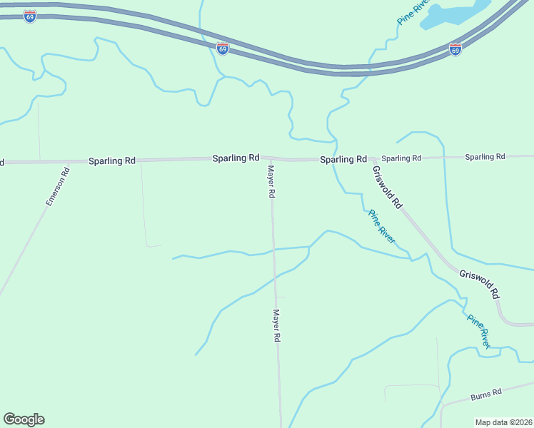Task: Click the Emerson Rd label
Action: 57,186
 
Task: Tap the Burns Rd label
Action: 486,394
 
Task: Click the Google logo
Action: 24,419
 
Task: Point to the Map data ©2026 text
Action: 503,422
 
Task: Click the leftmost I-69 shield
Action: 29,16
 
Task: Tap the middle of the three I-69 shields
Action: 223,49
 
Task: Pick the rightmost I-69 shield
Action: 455,49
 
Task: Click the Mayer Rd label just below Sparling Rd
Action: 271,182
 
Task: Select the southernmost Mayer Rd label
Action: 276,325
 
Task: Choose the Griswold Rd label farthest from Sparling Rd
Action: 480,283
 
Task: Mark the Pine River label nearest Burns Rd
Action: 478,330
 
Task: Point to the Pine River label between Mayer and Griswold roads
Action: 381,226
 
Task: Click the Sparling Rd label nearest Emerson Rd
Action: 111,161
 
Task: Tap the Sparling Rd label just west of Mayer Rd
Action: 236,158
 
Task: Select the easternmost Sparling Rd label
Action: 485,156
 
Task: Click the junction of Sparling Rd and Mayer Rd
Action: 270,158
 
